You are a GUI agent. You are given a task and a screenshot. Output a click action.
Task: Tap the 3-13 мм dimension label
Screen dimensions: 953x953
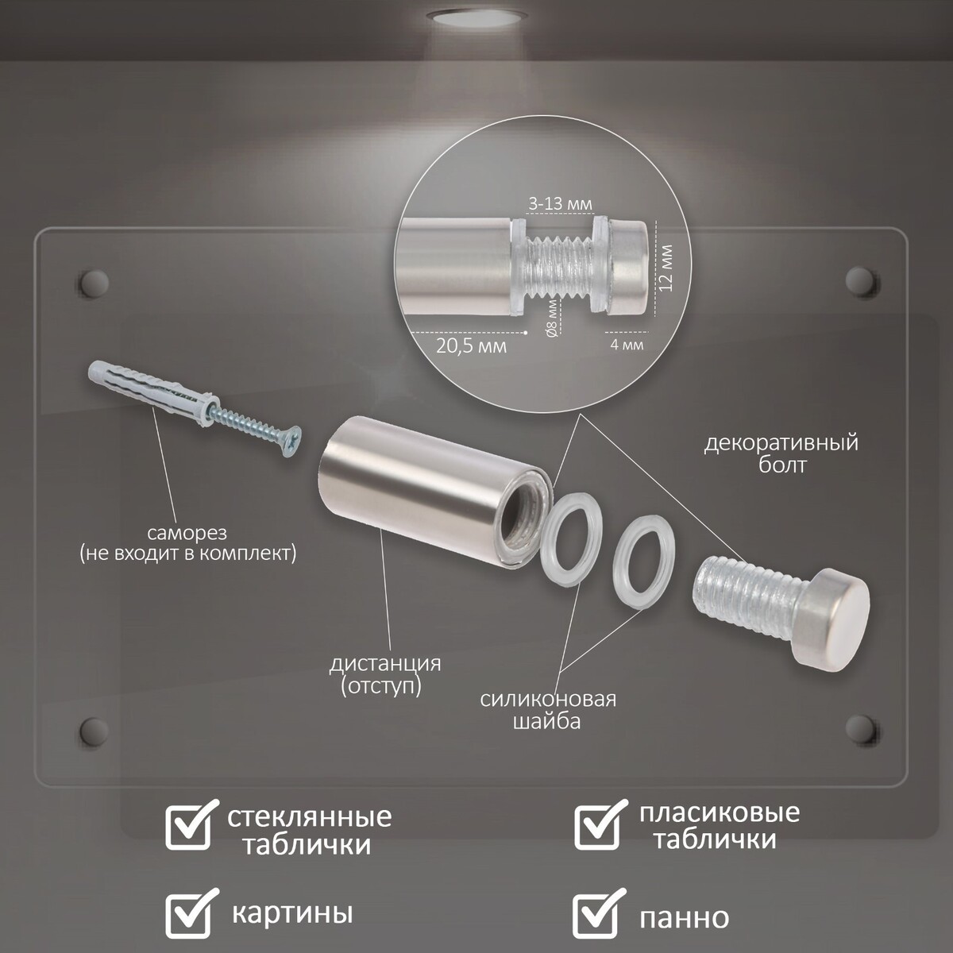[x=560, y=204]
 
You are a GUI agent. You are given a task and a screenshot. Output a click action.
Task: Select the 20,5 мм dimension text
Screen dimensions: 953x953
[x=471, y=346]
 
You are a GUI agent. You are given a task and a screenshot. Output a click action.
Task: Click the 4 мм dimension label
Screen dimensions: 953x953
[x=627, y=344]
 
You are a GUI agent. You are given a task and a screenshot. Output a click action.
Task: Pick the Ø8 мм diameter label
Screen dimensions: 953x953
[x=553, y=318]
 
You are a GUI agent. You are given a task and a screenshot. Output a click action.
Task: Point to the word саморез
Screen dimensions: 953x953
[x=187, y=533]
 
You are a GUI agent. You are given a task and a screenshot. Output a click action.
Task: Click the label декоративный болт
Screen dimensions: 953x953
[x=781, y=453]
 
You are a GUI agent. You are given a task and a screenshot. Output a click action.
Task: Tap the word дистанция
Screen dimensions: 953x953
[x=385, y=663]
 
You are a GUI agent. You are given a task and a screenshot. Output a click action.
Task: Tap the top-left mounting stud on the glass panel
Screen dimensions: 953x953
[x=94, y=284]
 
